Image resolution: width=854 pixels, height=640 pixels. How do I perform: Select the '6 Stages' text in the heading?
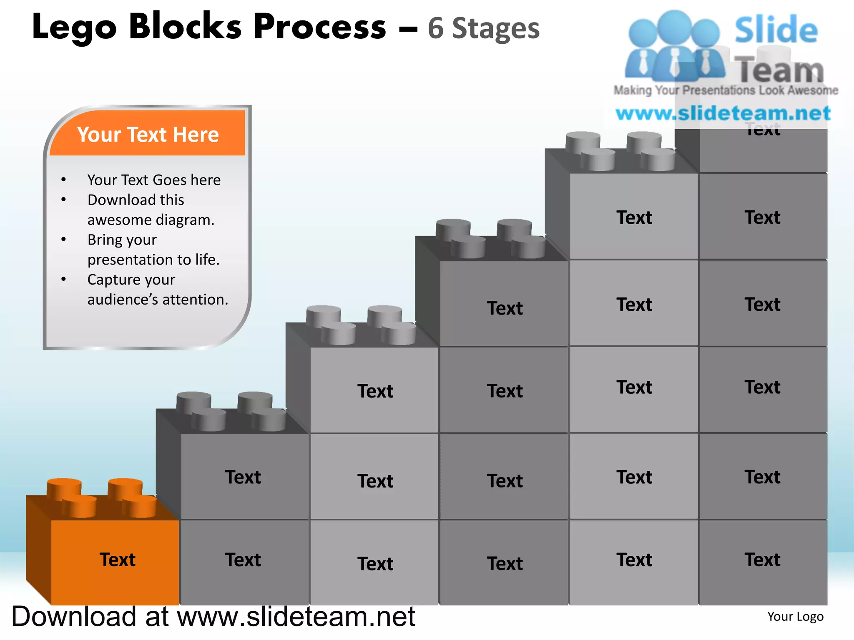coord(484,28)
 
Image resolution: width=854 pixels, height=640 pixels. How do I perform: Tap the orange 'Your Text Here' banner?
coord(148,134)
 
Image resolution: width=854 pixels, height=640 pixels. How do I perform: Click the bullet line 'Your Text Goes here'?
coord(154,180)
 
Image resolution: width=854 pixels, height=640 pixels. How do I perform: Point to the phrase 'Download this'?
coord(136,200)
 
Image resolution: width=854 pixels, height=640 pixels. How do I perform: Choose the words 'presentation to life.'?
coord(153,260)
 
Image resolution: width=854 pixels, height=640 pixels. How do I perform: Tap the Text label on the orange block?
coord(117,560)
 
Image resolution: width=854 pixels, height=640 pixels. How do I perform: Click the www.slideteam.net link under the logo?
coord(723,113)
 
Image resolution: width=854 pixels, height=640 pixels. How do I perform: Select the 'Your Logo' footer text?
coord(795,617)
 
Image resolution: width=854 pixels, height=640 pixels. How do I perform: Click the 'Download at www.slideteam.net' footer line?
coord(213,616)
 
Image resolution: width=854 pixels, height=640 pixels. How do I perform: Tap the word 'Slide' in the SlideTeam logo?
coord(776,30)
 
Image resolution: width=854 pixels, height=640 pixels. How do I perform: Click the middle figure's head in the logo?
coord(674,26)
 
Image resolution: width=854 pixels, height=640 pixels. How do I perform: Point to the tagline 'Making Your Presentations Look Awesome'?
coord(726,90)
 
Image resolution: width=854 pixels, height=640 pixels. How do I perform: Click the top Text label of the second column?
coord(243,477)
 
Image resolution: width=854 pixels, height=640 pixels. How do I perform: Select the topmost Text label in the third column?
coord(375,391)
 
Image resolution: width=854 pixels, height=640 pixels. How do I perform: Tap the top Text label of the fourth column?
coord(505,308)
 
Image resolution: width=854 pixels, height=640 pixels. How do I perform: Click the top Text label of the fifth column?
coord(634,217)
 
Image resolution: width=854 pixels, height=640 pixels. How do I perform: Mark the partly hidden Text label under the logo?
coord(763,131)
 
